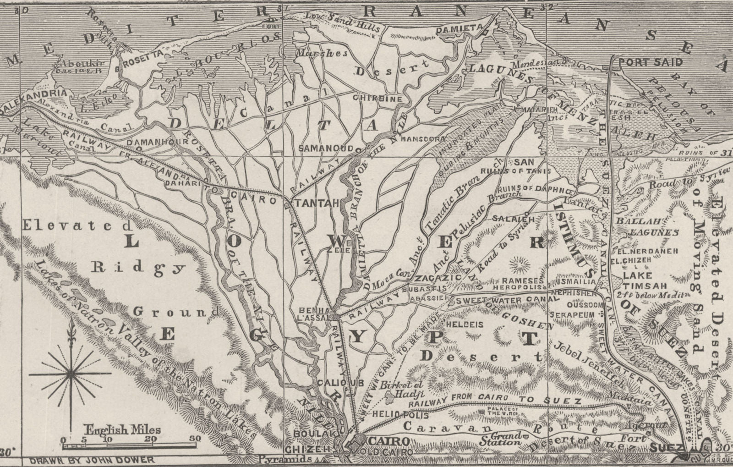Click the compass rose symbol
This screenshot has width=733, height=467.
pyautogui.click(x=71, y=374)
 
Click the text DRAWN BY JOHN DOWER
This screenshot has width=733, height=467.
pyautogui.click(x=92, y=460)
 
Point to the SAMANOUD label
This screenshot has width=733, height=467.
pyautogui.click(x=326, y=148)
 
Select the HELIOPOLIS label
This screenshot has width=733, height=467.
pyautogui.click(x=401, y=415)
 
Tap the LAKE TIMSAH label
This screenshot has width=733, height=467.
pyautogui.click(x=637, y=280)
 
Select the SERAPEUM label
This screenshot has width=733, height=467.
pyautogui.click(x=572, y=315)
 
